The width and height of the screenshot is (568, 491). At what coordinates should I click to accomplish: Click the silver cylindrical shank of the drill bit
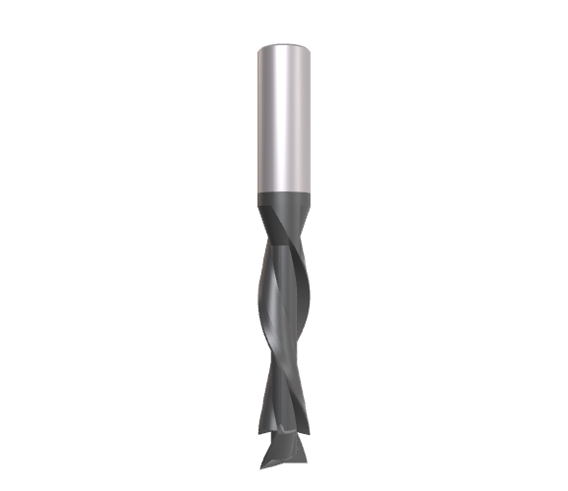(284, 118)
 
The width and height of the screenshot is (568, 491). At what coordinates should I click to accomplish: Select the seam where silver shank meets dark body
(284, 192)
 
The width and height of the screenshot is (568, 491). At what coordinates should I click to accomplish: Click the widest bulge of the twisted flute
(284, 295)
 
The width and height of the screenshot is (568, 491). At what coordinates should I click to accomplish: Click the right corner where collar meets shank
(309, 193)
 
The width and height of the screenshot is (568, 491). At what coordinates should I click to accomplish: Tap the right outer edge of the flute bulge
(309, 295)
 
